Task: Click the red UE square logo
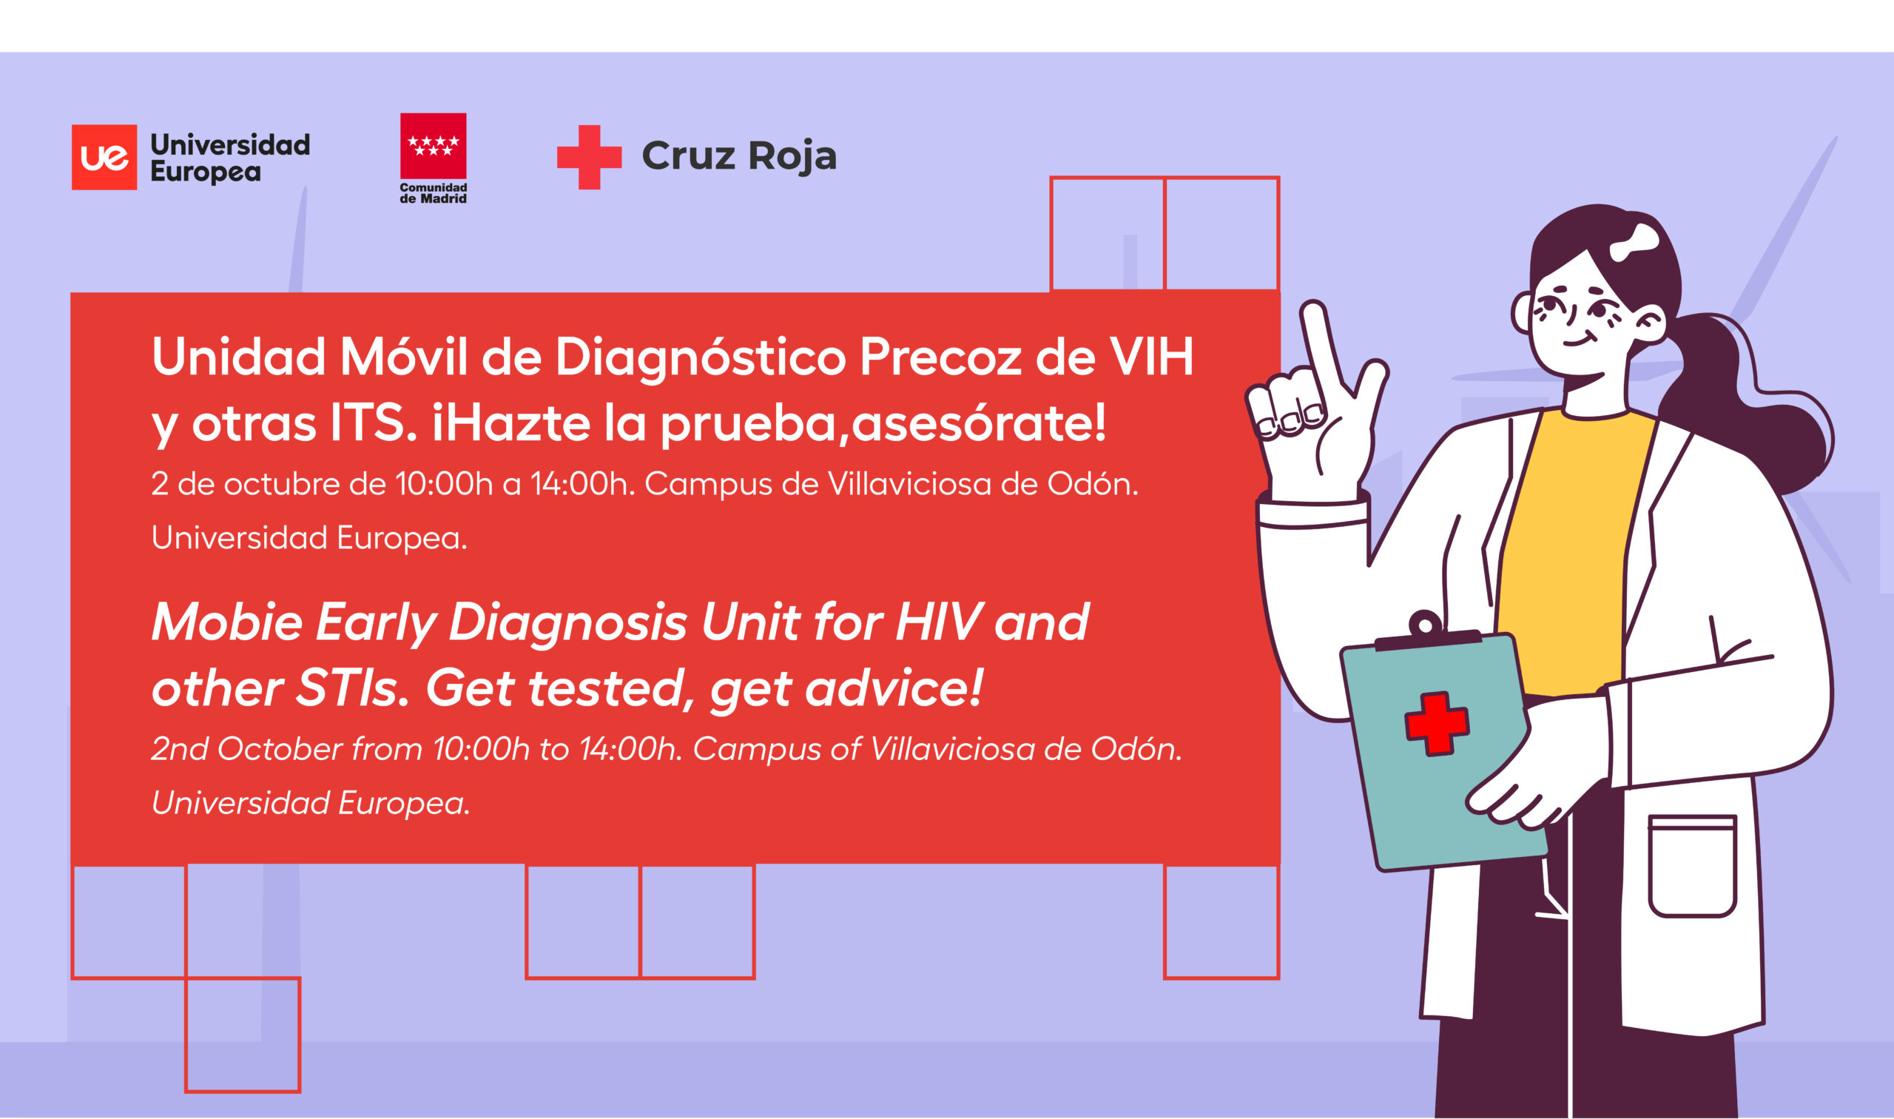104,157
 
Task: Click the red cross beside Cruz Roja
590,157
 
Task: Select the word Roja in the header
792,157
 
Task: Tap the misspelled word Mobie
227,623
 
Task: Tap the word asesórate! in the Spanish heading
980,423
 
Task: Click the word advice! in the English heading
894,688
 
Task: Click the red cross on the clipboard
1437,723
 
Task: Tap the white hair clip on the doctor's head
1635,243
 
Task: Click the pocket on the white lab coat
1692,866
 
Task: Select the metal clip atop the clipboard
1426,633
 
